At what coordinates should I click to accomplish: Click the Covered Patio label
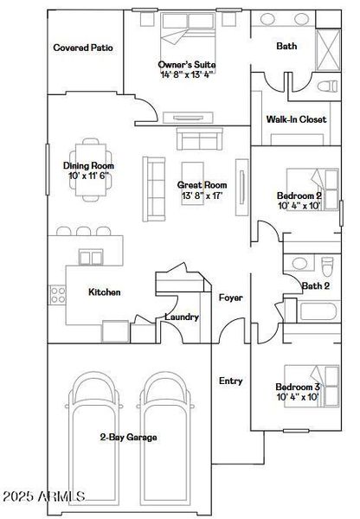click(x=84, y=48)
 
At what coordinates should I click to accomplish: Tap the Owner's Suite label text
click(x=187, y=65)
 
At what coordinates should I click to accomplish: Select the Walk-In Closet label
click(x=296, y=119)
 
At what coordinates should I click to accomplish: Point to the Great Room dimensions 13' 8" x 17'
click(x=202, y=196)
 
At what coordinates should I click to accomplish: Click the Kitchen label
click(x=105, y=292)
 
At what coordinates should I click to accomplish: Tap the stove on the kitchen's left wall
click(x=58, y=294)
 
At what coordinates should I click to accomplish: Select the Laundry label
click(x=182, y=317)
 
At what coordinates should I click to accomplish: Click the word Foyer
click(x=230, y=298)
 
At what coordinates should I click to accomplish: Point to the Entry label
click(x=230, y=381)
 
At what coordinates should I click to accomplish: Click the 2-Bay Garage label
click(x=129, y=438)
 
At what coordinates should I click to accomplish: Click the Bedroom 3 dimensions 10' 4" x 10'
click(x=298, y=397)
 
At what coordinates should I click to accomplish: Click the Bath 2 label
click(x=315, y=285)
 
